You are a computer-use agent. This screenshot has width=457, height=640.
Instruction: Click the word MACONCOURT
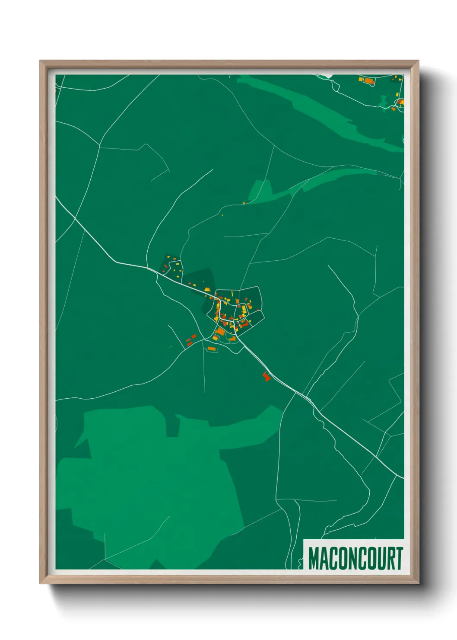(355, 558)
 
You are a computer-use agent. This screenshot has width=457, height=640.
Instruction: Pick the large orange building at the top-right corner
(368, 80)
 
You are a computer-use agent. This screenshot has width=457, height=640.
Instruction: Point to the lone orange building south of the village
(211, 349)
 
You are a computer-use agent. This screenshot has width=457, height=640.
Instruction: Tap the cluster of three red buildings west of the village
(190, 339)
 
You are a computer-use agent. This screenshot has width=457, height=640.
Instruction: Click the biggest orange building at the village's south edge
(220, 332)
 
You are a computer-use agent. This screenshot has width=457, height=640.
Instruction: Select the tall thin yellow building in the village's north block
(233, 294)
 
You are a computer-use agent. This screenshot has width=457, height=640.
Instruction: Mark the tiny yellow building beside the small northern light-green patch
(244, 202)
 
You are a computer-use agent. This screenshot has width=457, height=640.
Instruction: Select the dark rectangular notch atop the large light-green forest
(173, 426)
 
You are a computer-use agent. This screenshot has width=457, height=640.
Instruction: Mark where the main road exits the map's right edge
(403, 478)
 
